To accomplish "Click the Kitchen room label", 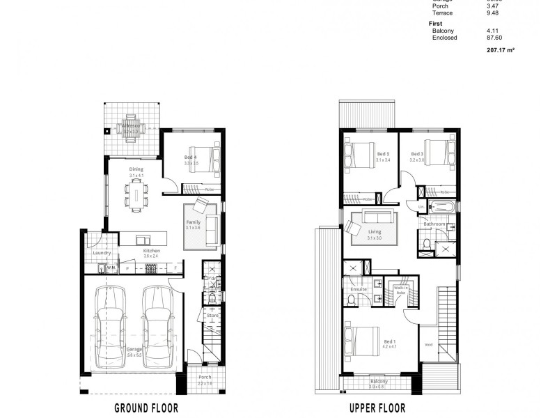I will [x=152, y=251].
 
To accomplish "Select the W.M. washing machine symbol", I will [x=110, y=268].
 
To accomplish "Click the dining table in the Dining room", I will [x=136, y=192].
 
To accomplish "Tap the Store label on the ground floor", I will [x=212, y=316].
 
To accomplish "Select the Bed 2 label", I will [x=382, y=154].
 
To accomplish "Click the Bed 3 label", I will [x=416, y=154].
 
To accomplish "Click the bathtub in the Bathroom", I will [x=441, y=207].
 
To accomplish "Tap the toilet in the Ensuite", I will [x=352, y=300].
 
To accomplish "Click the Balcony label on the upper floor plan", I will [x=379, y=381].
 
